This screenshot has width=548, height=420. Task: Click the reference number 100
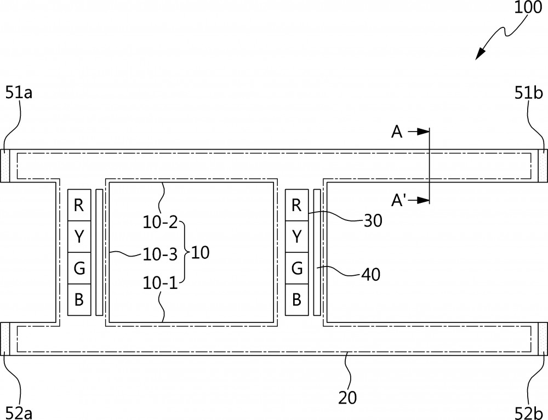coord(528,7)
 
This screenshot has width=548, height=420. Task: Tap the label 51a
coord(19,93)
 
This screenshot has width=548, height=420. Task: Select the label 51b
coord(528,93)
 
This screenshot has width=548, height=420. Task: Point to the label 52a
coord(19,413)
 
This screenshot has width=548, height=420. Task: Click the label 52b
coord(529,413)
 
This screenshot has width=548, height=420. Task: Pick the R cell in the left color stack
coord(79,205)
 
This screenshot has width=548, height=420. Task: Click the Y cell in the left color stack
coord(79,237)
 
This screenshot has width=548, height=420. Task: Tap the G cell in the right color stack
coord(296,268)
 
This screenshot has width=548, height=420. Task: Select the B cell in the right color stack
coord(296,300)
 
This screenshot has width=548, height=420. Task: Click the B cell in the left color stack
coord(79,300)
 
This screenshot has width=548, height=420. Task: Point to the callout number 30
coord(373,220)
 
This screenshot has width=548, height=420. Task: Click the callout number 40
coord(371,275)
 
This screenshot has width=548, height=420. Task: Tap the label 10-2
coord(161,222)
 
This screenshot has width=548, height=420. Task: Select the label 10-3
coord(161,254)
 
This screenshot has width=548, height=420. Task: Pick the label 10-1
coord(161,282)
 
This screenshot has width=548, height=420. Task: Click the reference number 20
coord(347,398)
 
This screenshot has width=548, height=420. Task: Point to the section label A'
coord(398,200)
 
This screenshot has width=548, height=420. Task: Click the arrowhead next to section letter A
coord(424,132)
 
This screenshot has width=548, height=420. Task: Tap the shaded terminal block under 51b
coord(543,166)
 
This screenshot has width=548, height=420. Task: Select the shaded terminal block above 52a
coord(5,339)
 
